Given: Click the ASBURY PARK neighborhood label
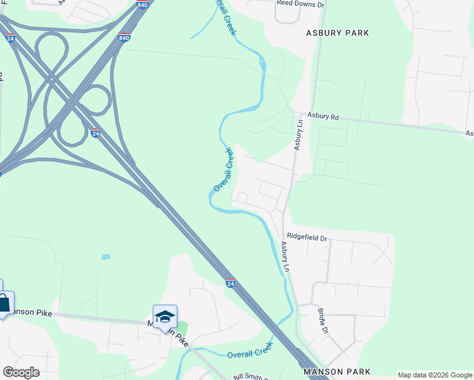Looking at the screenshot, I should pyautogui.click(x=337, y=32).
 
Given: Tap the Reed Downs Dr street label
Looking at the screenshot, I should pyautogui.click(x=300, y=4).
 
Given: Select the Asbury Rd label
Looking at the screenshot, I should pyautogui.click(x=324, y=117).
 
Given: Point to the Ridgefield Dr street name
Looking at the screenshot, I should pyautogui.click(x=306, y=238).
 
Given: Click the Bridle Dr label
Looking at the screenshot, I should pyautogui.click(x=323, y=322).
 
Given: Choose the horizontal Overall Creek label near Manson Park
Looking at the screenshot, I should pyautogui.click(x=250, y=350).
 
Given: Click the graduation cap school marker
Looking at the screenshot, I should pyautogui.click(x=165, y=316).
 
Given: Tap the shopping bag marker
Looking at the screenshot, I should pyautogui.click(x=3, y=303).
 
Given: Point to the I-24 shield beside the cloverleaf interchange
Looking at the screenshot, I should pyautogui.click(x=95, y=134).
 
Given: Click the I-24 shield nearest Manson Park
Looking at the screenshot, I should pyautogui.click(x=230, y=283).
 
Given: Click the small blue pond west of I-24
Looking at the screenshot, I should pyautogui.click(x=106, y=257).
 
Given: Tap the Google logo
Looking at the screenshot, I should pyautogui.click(x=21, y=372).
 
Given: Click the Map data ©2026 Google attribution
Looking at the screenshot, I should pyautogui.click(x=435, y=375).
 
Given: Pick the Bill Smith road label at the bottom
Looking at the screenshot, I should pyautogui.click(x=249, y=377).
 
